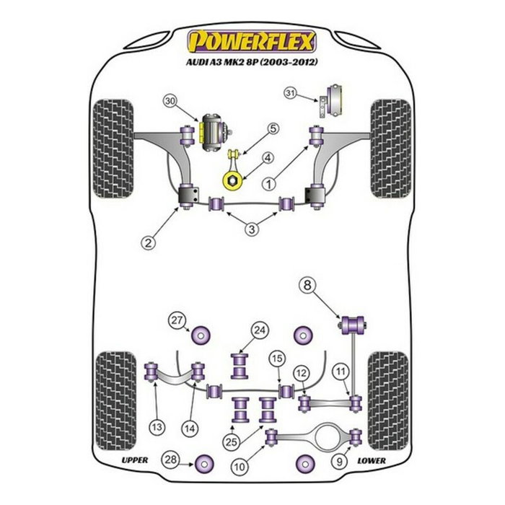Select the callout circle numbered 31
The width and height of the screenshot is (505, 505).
(x=291, y=92)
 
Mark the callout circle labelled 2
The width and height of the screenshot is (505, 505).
(x=148, y=243)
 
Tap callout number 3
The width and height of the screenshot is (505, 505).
(x=250, y=229)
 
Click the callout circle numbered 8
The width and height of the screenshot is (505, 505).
(x=307, y=286)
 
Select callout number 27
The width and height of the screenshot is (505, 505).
(x=176, y=321)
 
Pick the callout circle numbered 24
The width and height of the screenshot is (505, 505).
(x=259, y=331)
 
